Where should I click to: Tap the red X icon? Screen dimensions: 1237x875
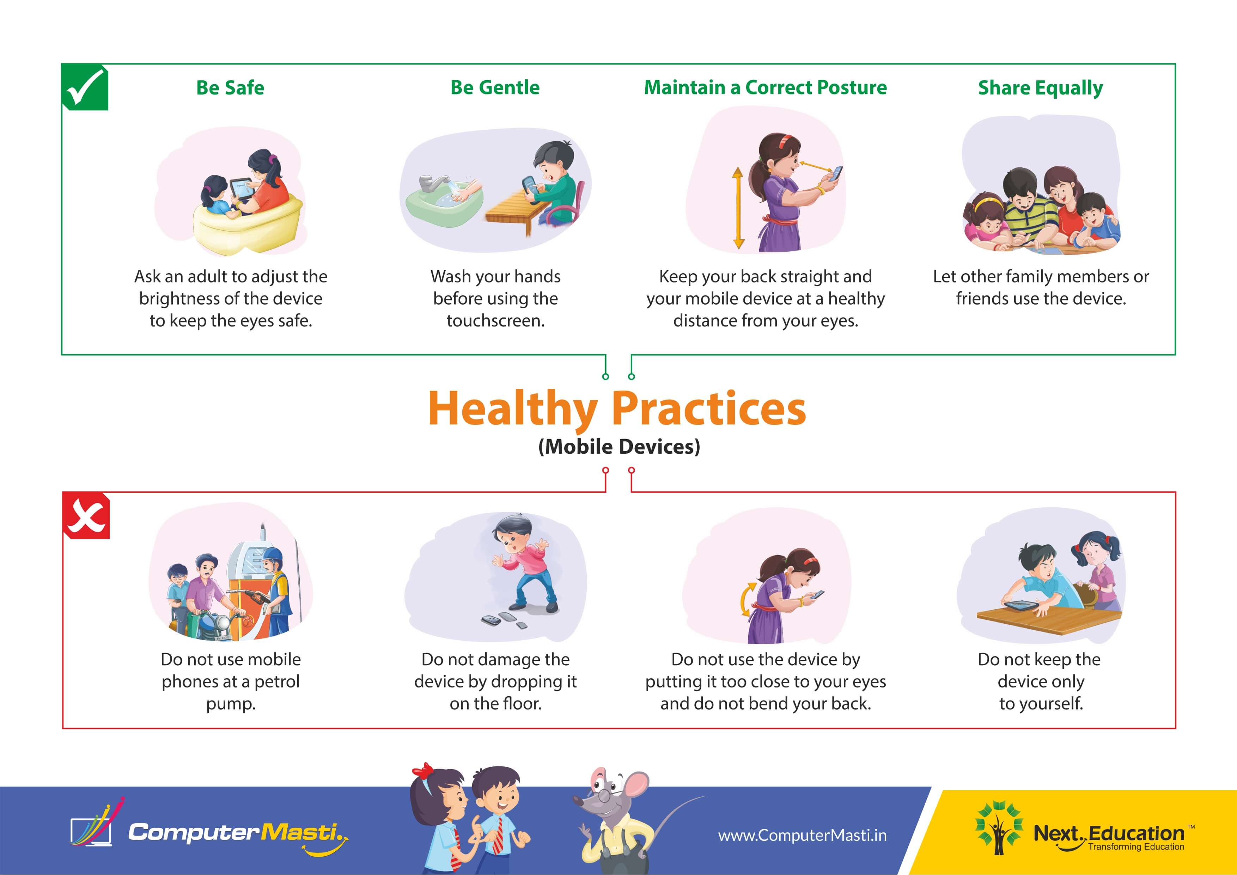pos(86,516)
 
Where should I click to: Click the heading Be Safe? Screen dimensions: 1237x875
pos(230,88)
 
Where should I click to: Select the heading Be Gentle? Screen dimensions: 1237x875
pos(495,87)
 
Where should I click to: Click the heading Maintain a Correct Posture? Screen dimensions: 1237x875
pos(765,87)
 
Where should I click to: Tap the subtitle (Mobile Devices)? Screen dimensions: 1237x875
pos(619,447)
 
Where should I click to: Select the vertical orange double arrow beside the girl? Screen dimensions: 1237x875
pos(738,207)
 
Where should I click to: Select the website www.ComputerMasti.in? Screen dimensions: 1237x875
pos(802,836)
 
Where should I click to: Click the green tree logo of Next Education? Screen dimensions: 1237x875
pos(998,828)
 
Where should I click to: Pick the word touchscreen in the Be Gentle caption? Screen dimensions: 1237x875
pos(496,321)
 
